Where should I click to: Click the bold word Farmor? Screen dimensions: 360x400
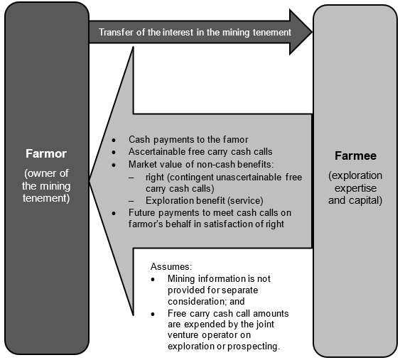45,153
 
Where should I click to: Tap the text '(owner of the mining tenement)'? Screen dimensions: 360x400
45,187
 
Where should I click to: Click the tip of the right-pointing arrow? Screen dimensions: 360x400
310,32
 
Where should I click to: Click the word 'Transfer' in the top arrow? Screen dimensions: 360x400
116,33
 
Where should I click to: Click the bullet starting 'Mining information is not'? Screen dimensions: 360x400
219,278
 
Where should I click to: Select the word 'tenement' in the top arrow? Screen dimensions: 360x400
271,33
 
